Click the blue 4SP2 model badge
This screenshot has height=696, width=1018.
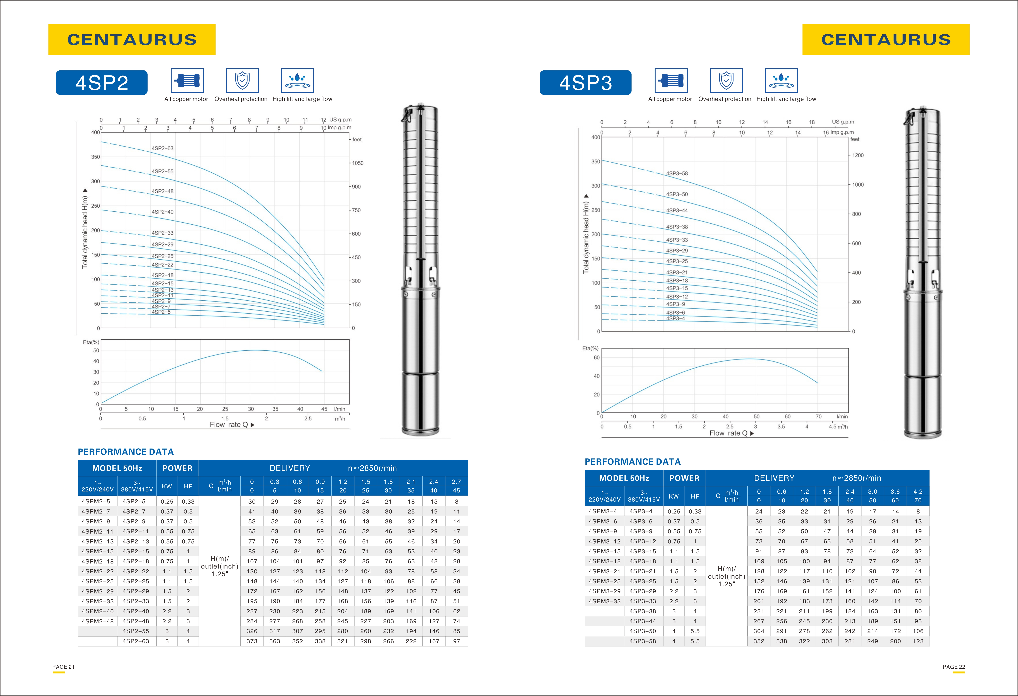pos(102,82)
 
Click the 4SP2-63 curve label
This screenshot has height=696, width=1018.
pos(163,148)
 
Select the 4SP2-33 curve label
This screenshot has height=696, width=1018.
pos(163,233)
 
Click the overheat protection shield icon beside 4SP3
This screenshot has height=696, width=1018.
pos(726,81)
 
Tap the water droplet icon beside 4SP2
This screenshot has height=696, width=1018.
pos(297,81)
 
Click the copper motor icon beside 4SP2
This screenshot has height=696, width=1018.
pos(187,81)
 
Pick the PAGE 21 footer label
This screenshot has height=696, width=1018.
pos(63,667)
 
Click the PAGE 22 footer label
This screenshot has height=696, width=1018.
pos(954,667)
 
